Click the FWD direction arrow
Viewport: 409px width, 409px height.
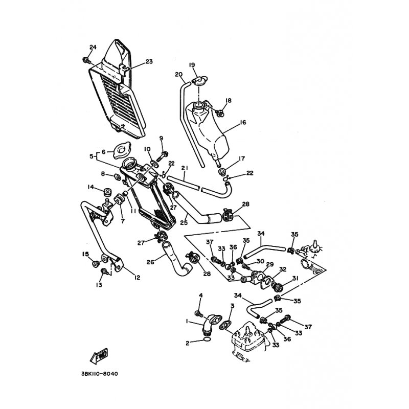click(x=99, y=356)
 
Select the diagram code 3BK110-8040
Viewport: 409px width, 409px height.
click(x=100, y=374)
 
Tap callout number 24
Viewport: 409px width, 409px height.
click(x=93, y=47)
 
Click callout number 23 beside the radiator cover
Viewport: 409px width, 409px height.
click(x=149, y=61)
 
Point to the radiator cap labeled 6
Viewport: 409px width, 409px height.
click(x=122, y=150)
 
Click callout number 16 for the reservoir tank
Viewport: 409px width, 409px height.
click(x=243, y=122)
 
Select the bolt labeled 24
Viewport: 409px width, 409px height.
click(x=86, y=61)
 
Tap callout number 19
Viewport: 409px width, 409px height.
click(x=192, y=65)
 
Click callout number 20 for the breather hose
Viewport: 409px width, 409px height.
click(x=178, y=74)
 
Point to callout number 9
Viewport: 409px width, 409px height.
click(x=161, y=138)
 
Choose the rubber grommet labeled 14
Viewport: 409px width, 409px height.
click(x=106, y=191)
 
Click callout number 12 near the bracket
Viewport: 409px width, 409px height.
click(x=137, y=278)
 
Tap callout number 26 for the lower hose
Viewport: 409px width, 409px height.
click(x=150, y=262)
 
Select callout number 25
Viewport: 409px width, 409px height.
click(x=184, y=222)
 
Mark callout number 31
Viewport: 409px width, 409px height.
click(x=295, y=278)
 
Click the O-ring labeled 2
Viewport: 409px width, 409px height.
click(x=207, y=339)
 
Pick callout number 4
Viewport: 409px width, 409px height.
click(x=200, y=296)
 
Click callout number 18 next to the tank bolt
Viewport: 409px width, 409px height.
click(x=228, y=100)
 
